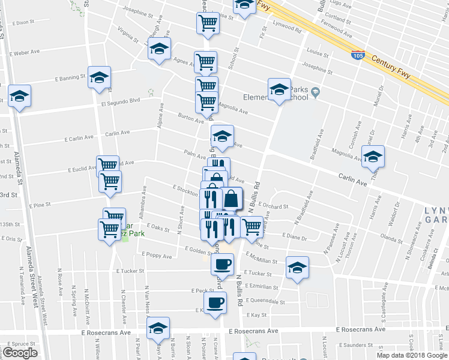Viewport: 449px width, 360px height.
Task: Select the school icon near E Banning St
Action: coord(99,77)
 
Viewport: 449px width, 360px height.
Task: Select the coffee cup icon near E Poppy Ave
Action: coord(221,263)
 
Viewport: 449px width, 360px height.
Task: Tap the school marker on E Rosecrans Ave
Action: coord(158,328)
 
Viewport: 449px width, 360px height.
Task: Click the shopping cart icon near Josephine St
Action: coord(208,23)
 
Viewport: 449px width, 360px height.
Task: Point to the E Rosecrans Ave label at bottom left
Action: coord(109,332)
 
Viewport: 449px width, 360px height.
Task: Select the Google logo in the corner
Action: coord(20,353)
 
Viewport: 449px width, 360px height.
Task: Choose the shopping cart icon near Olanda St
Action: coord(252,227)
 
